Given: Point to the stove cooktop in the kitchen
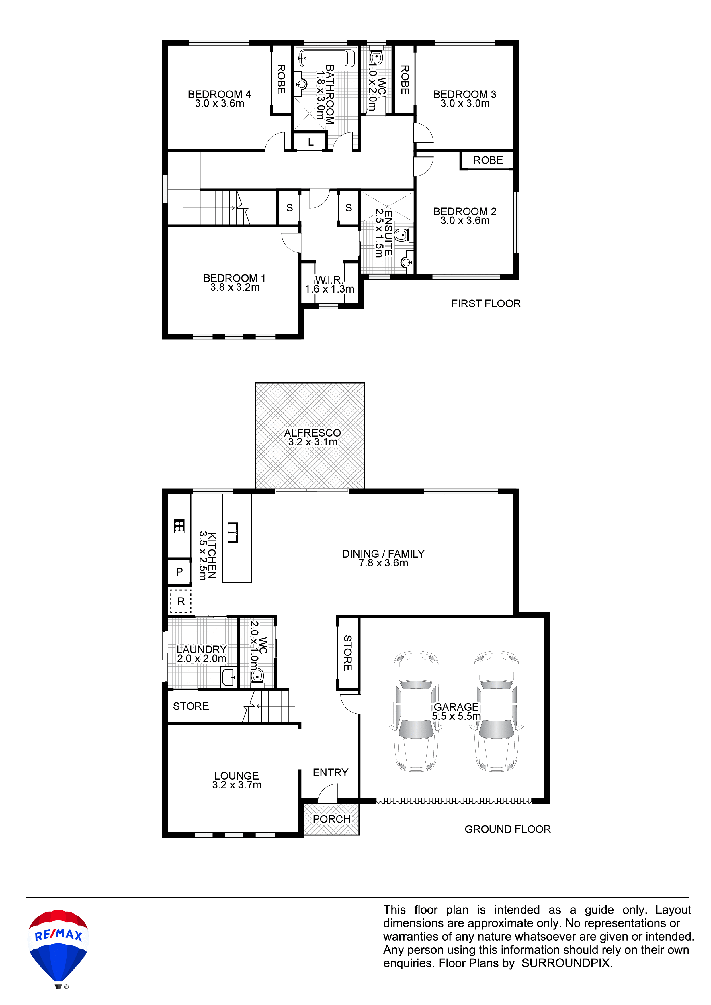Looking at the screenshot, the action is pos(179,526).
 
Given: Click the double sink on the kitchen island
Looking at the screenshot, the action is pos(233,532).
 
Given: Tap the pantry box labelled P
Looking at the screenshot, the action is pos(179,572).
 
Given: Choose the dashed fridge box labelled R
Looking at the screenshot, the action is pos(181,601).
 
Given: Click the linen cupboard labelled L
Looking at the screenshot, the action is pos(310,142).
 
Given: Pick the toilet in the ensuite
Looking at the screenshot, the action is pos(403,235).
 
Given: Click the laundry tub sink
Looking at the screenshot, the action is pos(228,677).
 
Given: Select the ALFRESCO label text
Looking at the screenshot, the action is pos(312,433).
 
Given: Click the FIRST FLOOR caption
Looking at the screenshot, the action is pos(486,303).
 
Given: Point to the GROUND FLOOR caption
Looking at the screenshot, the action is pos(508,829).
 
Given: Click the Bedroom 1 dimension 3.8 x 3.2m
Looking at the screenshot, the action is pos(235,288).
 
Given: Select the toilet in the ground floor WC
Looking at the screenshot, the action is pos(257,676).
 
